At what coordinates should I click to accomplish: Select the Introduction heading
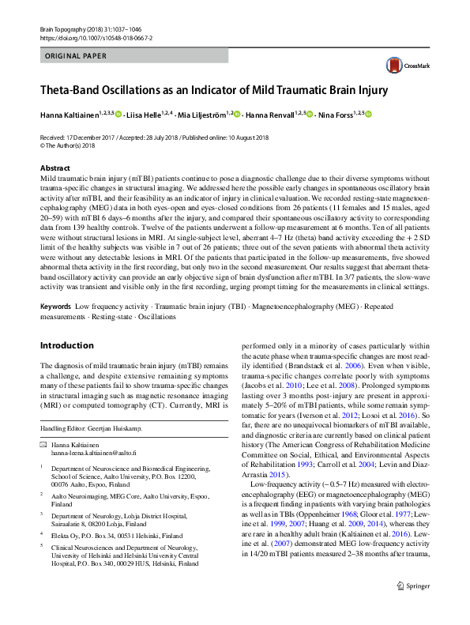[x=66, y=345]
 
